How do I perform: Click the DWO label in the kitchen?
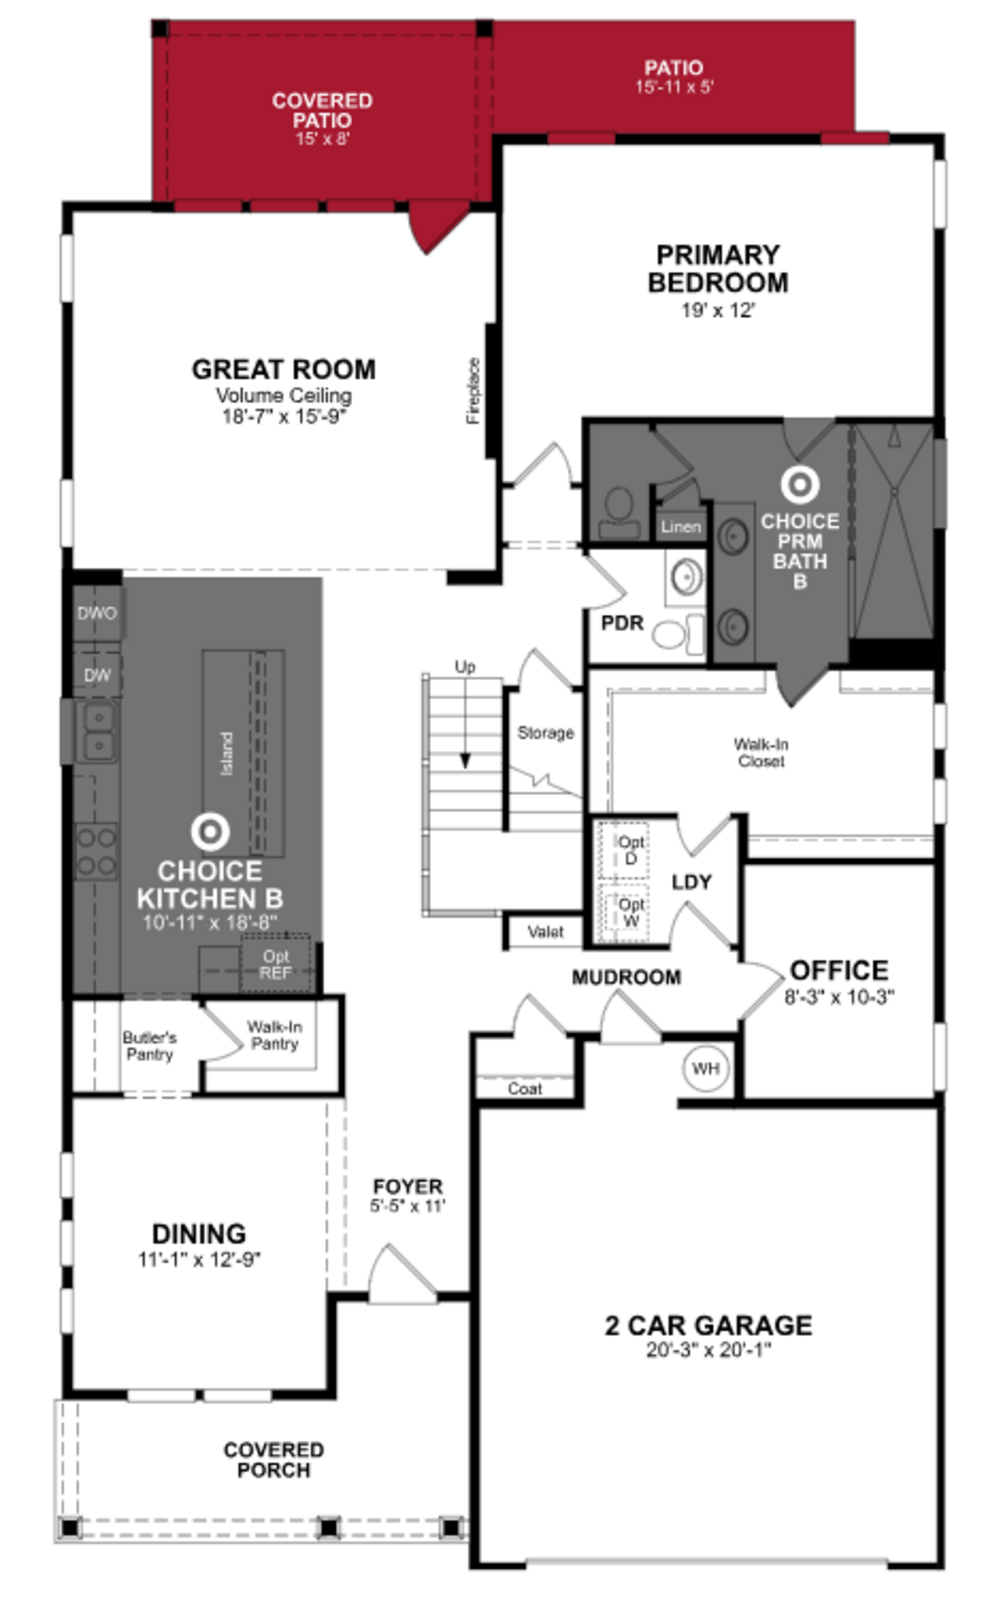97,613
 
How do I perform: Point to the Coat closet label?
525,1089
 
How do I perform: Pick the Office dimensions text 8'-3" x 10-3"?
839,997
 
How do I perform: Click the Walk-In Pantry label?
275,1035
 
